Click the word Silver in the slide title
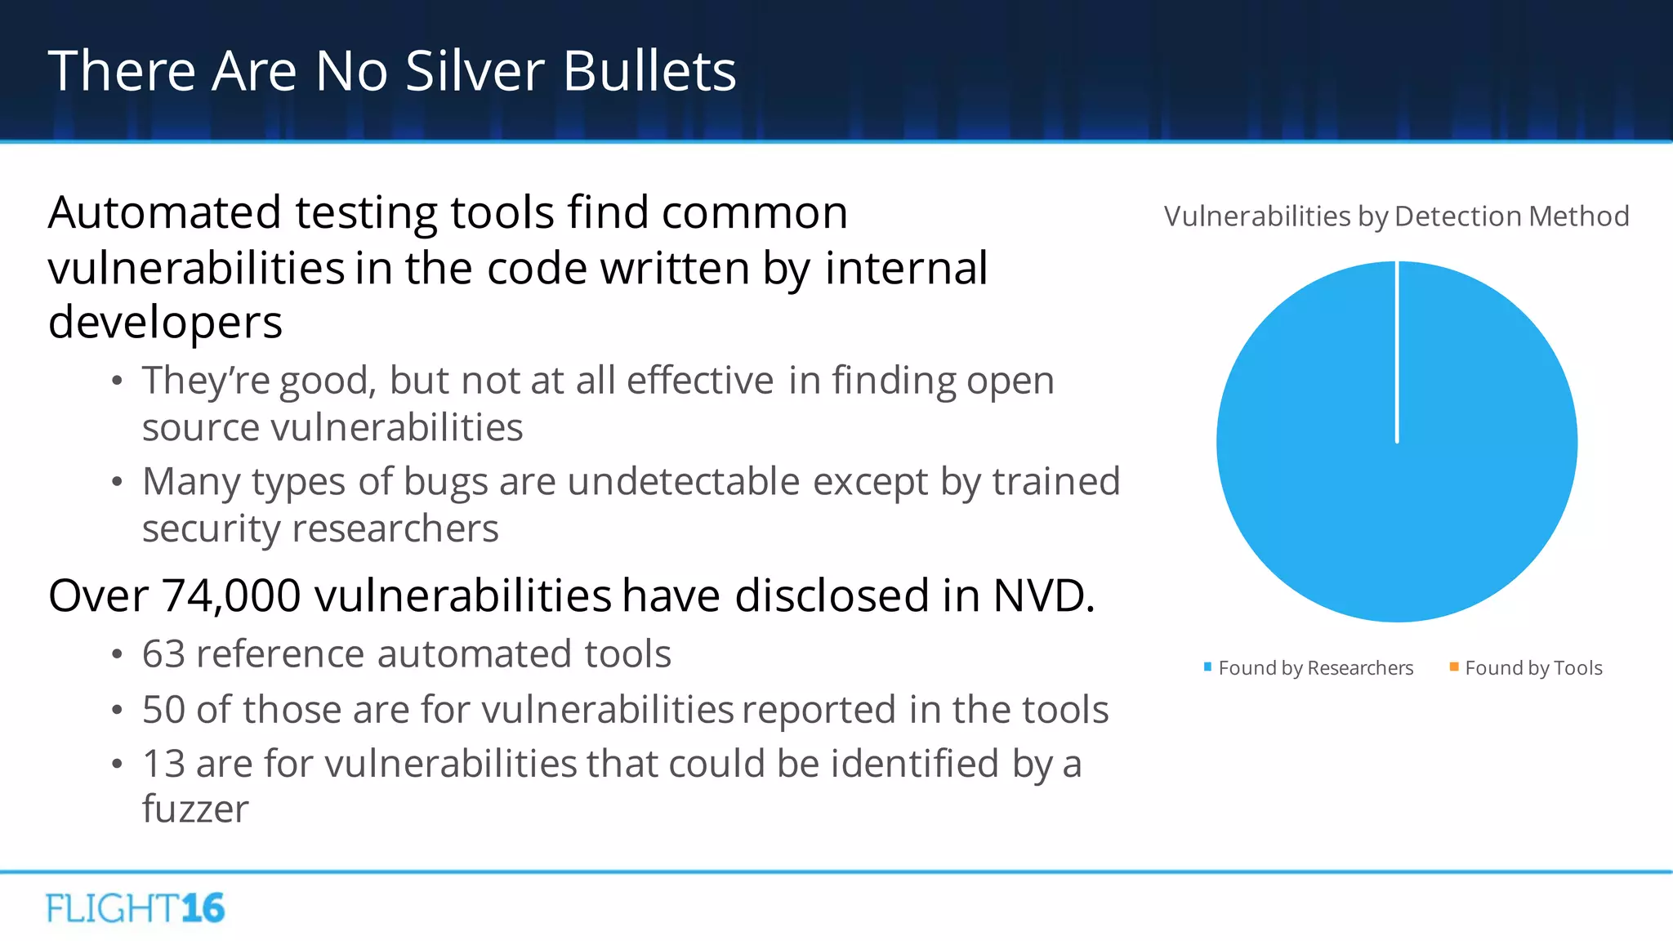click(475, 71)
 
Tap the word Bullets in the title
click(649, 71)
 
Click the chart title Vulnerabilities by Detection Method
click(1396, 216)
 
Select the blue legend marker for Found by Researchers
click(1207, 667)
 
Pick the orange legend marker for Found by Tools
click(1454, 667)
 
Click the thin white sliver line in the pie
click(1397, 351)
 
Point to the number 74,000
click(231, 595)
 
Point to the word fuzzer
click(195, 809)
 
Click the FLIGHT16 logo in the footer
click(136, 908)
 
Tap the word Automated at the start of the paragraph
click(164, 213)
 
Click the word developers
click(165, 323)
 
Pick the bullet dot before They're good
click(117, 381)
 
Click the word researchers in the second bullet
click(395, 528)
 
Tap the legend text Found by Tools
click(1533, 668)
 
